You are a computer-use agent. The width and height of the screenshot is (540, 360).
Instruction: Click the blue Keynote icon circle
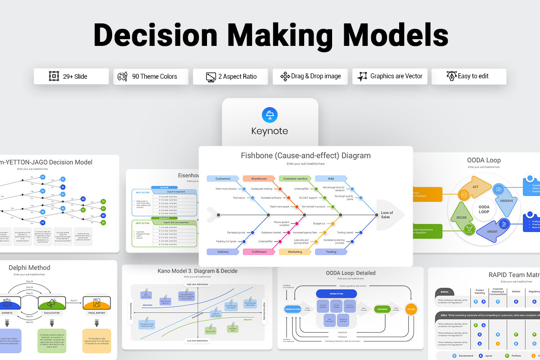tap(270, 115)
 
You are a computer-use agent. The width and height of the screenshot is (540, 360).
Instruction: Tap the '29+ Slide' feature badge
tap(71, 76)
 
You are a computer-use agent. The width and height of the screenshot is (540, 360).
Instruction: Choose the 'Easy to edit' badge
tap(468, 76)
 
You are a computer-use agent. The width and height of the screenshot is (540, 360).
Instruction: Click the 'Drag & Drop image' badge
tap(310, 76)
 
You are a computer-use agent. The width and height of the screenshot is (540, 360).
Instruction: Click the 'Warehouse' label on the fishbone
tap(259, 179)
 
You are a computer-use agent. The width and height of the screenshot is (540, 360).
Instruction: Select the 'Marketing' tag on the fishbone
tap(295, 252)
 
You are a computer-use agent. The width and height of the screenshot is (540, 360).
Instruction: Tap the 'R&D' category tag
tap(331, 179)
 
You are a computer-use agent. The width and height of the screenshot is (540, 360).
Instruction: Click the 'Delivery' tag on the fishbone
tap(223, 252)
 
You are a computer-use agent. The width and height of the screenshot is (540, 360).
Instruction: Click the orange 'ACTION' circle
tap(411, 309)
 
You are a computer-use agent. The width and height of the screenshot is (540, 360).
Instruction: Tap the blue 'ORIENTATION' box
tap(336, 293)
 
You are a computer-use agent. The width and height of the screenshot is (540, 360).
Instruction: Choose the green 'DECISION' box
tap(382, 309)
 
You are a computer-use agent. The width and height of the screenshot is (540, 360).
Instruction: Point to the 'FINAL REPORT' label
tap(97, 313)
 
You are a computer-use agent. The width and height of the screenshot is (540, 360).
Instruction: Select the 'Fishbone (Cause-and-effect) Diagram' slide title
tap(306, 156)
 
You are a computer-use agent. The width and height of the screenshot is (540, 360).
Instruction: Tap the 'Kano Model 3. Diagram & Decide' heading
tap(197, 271)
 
